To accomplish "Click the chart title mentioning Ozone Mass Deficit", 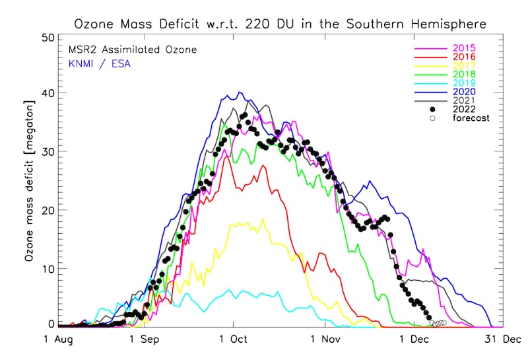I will click(x=280, y=24).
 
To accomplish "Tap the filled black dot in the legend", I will click(x=432, y=110).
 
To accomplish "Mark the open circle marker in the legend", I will click(x=432, y=118).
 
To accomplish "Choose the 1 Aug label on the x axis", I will click(x=58, y=340).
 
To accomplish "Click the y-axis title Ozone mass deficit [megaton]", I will click(x=29, y=180).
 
